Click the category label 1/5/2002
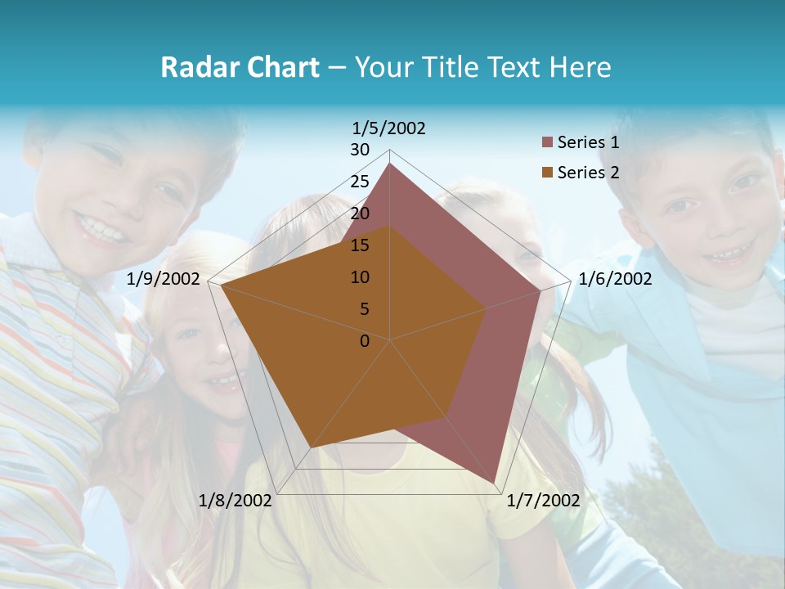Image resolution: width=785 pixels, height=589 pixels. pyautogui.click(x=389, y=128)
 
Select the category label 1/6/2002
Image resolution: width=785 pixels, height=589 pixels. pyautogui.click(x=615, y=279)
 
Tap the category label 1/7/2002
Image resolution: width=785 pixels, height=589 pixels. pyautogui.click(x=543, y=501)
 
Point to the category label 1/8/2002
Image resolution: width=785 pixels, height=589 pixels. pyautogui.click(x=235, y=501)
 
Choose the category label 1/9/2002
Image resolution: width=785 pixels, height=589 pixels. pyautogui.click(x=164, y=279)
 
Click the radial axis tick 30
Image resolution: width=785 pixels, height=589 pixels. pyautogui.click(x=360, y=150)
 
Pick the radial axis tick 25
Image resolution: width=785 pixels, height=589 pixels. pyautogui.click(x=360, y=182)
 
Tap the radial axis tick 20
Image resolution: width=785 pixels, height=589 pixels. pyautogui.click(x=360, y=214)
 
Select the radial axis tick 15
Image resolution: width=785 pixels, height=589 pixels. pyautogui.click(x=360, y=245)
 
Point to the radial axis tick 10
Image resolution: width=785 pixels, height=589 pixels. pyautogui.click(x=360, y=277)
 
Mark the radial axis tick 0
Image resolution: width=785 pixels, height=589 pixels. pyautogui.click(x=365, y=341)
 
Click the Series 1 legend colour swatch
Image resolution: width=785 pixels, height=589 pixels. pyautogui.click(x=547, y=143)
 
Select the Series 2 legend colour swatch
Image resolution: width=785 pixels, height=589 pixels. pyautogui.click(x=547, y=173)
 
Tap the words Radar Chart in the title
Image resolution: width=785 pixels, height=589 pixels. pyautogui.click(x=240, y=67)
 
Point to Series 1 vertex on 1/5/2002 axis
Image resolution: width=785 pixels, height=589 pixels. pyautogui.click(x=390, y=164)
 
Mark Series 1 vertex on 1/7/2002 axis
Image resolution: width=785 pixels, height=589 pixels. pyautogui.click(x=494, y=483)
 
